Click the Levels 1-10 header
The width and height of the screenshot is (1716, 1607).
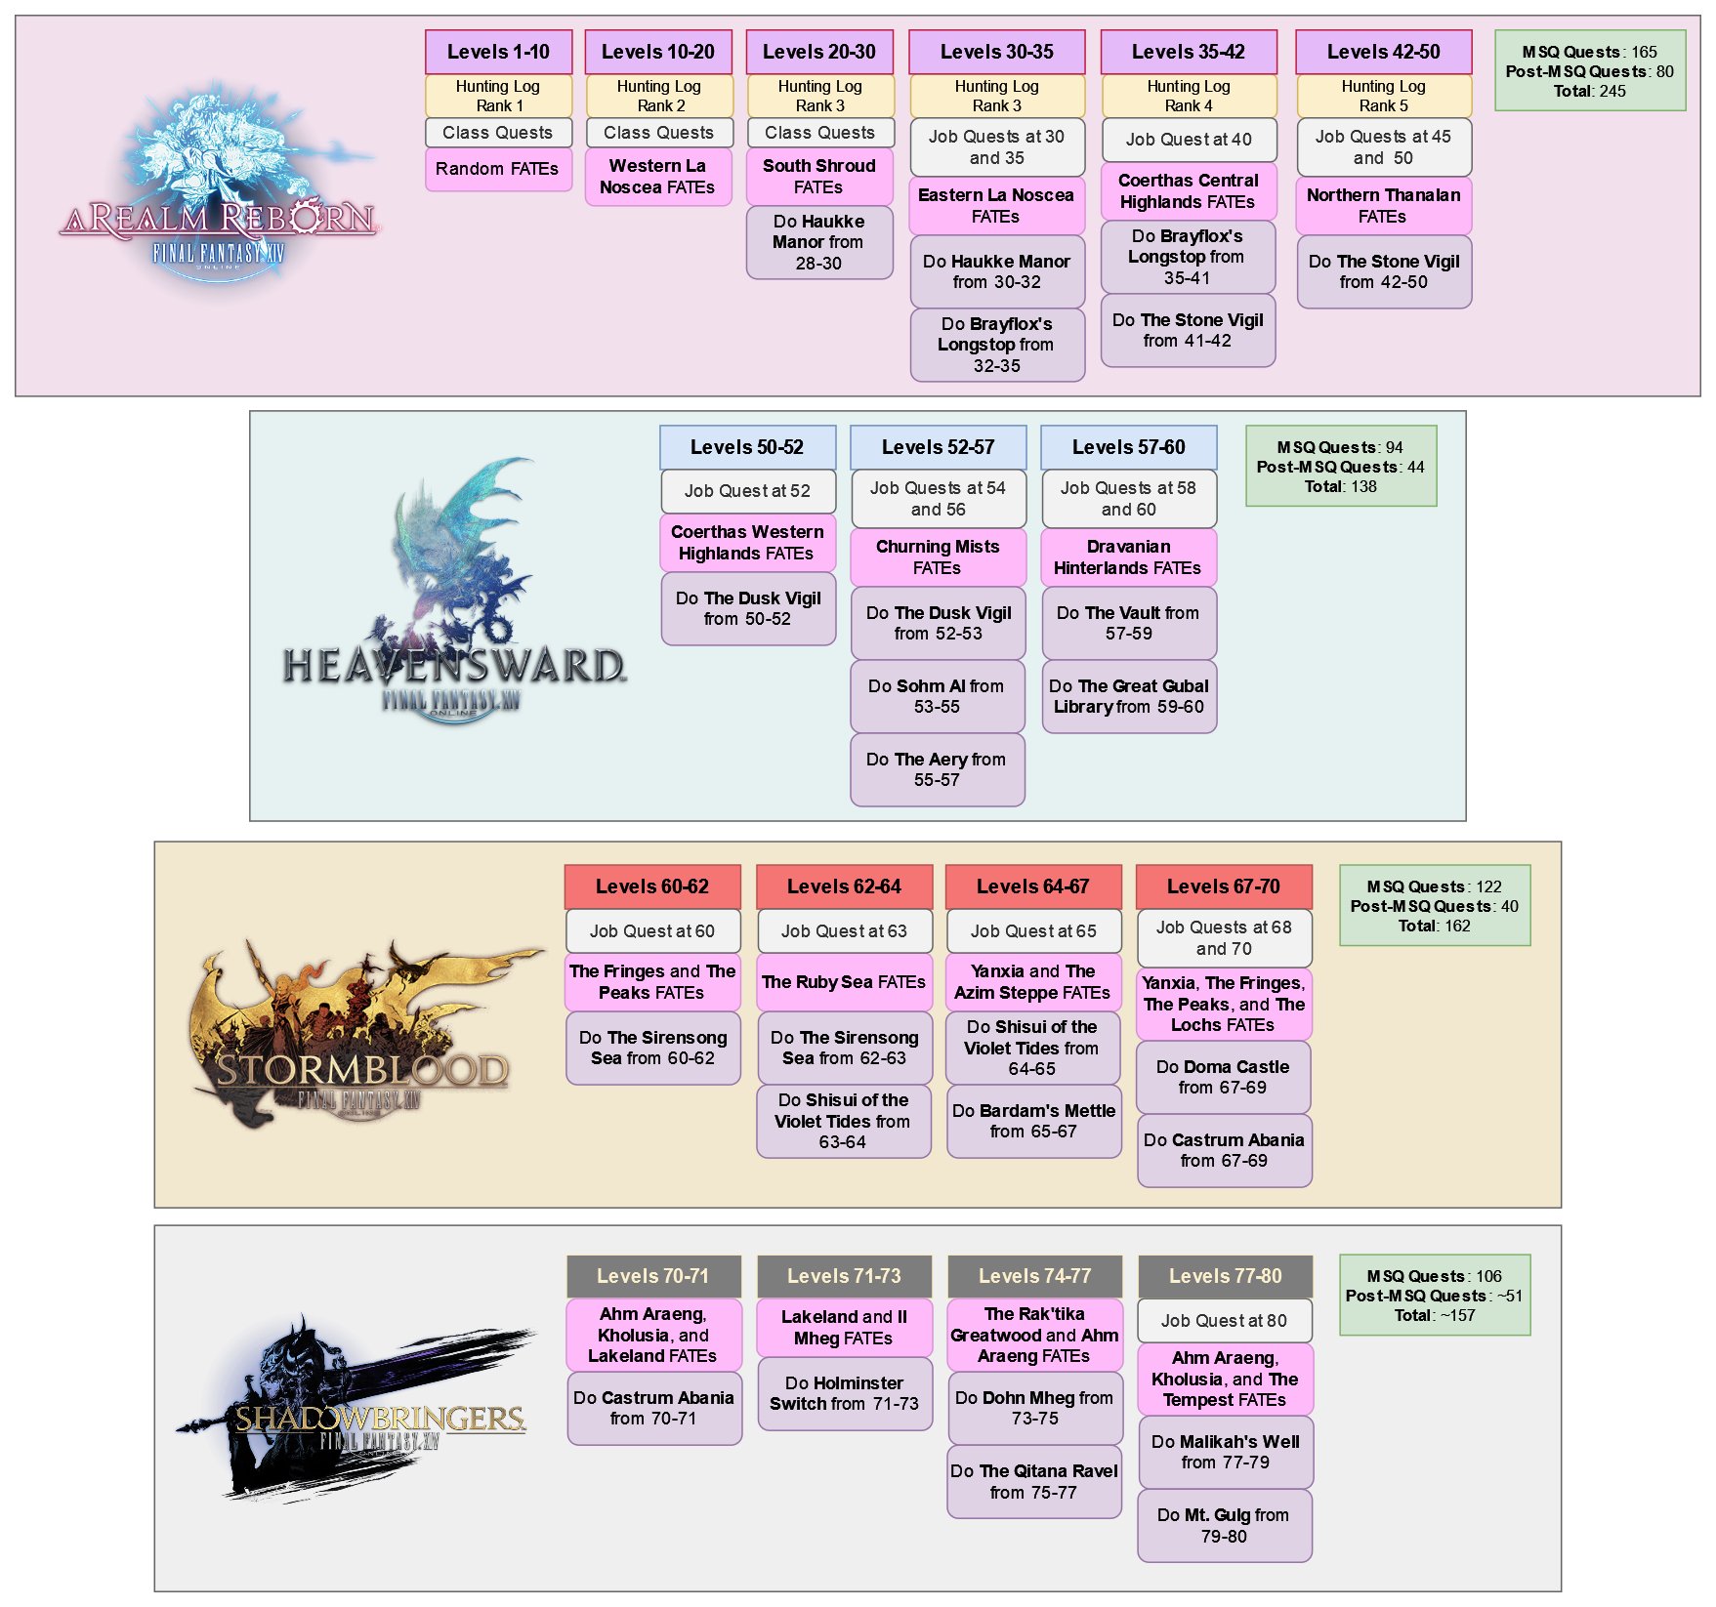tap(498, 52)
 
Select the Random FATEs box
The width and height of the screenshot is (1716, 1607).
tap(498, 169)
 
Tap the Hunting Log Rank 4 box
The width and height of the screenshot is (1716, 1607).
tap(1189, 96)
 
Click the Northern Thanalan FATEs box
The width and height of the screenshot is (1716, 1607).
tap(1383, 205)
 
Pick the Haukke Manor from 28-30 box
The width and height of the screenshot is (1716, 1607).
tap(819, 242)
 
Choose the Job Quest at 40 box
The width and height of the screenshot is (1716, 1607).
tap(1189, 140)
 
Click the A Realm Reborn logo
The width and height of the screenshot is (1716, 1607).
tap(220, 190)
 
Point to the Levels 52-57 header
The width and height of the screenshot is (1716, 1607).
tap(938, 447)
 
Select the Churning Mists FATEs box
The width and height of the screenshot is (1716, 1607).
tap(938, 556)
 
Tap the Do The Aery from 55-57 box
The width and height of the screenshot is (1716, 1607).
tap(937, 769)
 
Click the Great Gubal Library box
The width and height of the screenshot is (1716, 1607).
tap(1128, 696)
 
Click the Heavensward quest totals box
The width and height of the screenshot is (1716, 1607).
tap(1340, 467)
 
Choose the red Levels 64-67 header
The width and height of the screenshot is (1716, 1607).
tap(1032, 886)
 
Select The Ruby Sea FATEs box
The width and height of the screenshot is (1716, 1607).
tap(844, 982)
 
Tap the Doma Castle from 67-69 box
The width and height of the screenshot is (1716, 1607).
tap(1223, 1077)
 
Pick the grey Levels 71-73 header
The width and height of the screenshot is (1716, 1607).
tap(844, 1276)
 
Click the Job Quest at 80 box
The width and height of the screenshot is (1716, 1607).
tap(1224, 1321)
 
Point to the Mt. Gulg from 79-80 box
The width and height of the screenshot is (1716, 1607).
tap(1224, 1525)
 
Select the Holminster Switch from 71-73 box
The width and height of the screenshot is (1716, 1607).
tap(844, 1393)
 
